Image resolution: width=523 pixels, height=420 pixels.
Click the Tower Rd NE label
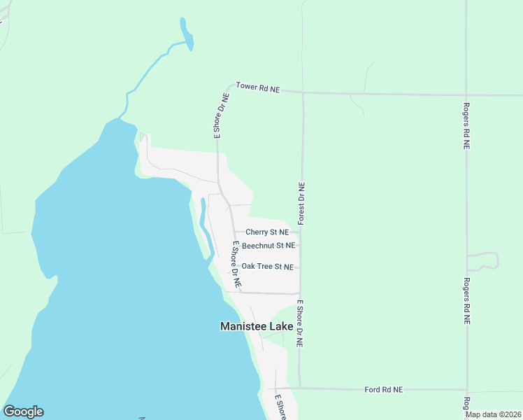point(257,87)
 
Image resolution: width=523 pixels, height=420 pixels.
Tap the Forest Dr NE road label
point(301,204)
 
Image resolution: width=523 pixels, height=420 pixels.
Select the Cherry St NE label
point(267,232)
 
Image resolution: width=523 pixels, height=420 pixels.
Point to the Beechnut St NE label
point(268,246)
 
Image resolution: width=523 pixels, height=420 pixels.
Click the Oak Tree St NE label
point(266,267)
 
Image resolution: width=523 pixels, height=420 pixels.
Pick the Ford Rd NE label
point(384,389)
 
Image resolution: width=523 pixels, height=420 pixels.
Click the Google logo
point(23,412)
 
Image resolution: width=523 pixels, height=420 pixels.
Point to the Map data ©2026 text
point(493,414)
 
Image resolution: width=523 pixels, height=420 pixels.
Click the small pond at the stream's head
point(186,34)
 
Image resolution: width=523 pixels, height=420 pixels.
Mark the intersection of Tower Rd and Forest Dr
point(302,92)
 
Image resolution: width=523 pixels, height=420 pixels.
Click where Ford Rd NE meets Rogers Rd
point(466,390)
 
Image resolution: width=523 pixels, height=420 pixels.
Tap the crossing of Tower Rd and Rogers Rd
point(466,94)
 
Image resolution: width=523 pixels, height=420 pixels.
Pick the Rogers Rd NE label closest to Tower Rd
point(466,127)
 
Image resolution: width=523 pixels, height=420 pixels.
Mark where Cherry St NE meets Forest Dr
point(301,232)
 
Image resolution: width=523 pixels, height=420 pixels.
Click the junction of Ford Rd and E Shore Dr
point(300,388)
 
